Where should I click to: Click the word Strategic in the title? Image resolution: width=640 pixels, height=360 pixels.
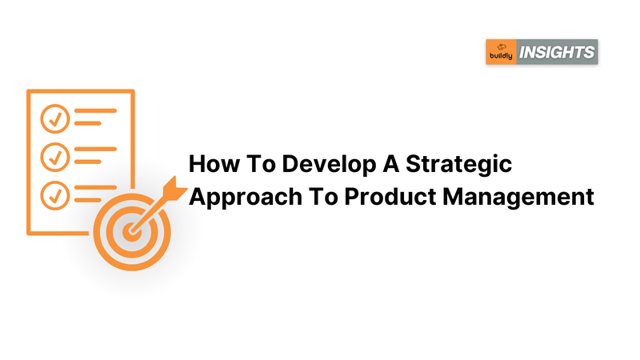[458, 166]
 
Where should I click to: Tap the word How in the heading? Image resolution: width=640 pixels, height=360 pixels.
[214, 164]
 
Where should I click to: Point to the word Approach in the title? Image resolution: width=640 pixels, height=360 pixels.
[246, 198]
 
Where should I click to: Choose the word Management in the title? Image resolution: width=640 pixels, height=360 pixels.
[518, 198]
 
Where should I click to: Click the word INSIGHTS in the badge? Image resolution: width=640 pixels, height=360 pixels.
[557, 52]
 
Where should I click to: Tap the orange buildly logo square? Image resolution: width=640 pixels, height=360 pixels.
[502, 52]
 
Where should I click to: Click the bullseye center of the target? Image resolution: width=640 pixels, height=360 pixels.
[131, 231]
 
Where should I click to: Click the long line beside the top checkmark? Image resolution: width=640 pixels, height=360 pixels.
[95, 110]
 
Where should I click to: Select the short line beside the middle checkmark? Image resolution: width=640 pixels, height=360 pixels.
[88, 162]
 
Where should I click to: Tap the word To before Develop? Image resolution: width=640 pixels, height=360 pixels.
[261, 164]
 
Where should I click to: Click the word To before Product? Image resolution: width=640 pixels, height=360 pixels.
[323, 196]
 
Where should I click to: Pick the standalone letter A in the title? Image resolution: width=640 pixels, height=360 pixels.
[391, 164]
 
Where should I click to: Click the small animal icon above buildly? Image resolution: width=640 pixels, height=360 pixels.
[502, 47]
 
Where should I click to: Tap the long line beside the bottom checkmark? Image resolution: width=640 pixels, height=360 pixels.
[95, 187]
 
